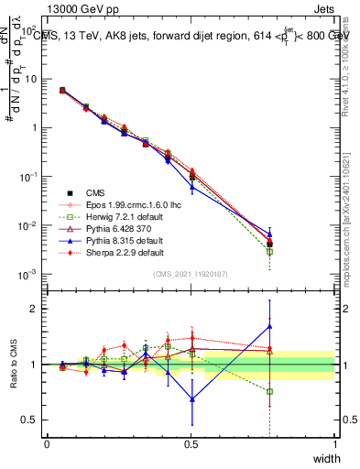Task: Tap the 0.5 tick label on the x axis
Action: coord(191,443)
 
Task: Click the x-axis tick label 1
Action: coord(334,443)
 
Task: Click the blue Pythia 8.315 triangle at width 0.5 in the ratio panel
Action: coord(191,398)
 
